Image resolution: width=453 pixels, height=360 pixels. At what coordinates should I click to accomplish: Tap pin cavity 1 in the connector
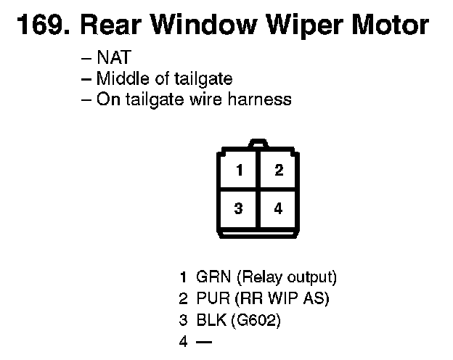(x=238, y=171)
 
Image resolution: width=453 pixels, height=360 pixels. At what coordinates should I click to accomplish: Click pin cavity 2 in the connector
(x=278, y=171)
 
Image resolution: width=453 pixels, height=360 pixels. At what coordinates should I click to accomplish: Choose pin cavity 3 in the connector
(x=238, y=209)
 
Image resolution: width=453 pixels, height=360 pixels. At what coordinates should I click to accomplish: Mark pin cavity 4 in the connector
(x=278, y=209)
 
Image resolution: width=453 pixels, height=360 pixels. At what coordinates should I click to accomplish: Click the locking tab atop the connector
(x=258, y=144)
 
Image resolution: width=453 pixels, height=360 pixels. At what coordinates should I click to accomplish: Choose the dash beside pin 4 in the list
(x=203, y=340)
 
